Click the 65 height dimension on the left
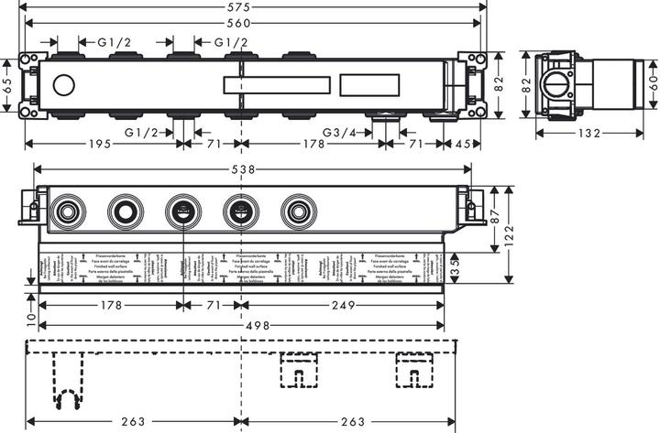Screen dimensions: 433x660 point(7,87)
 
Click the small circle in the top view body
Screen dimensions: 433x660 point(63,87)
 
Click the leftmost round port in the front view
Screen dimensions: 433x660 point(66,213)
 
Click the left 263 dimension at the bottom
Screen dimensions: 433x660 point(134,421)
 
